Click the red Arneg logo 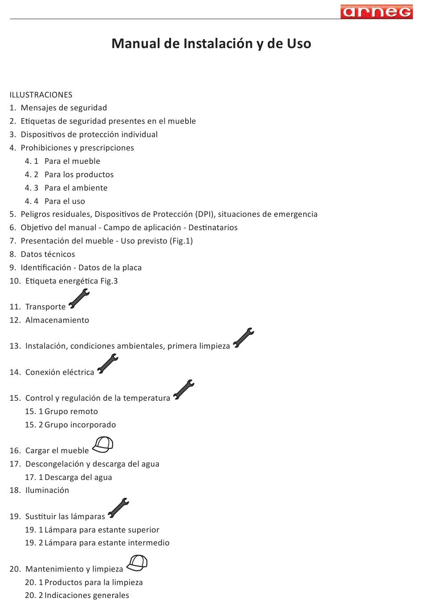[x=377, y=12]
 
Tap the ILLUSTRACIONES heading [x=41, y=95]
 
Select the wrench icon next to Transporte [x=79, y=299]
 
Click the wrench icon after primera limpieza [x=244, y=338]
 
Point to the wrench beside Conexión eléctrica [x=108, y=364]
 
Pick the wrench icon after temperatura [x=183, y=390]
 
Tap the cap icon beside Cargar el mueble [x=103, y=444]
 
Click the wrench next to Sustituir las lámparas [x=118, y=508]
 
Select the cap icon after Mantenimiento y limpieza [x=137, y=563]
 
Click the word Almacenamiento [x=57, y=320]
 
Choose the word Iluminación [x=47, y=490]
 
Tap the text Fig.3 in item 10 [x=109, y=281]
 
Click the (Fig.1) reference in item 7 [x=182, y=241]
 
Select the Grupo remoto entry [x=71, y=411]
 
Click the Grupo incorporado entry [x=80, y=425]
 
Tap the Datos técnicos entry [x=48, y=254]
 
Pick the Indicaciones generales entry [x=86, y=595]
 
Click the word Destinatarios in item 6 [x=213, y=228]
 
